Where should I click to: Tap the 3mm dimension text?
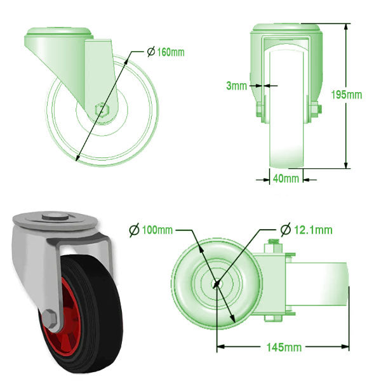(x=237, y=86)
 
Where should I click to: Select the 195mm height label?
(x=346, y=95)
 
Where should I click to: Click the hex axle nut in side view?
(x=101, y=109)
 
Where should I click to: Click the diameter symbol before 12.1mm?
(x=285, y=229)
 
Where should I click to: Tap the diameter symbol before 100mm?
(x=134, y=229)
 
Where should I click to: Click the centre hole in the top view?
(x=216, y=284)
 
